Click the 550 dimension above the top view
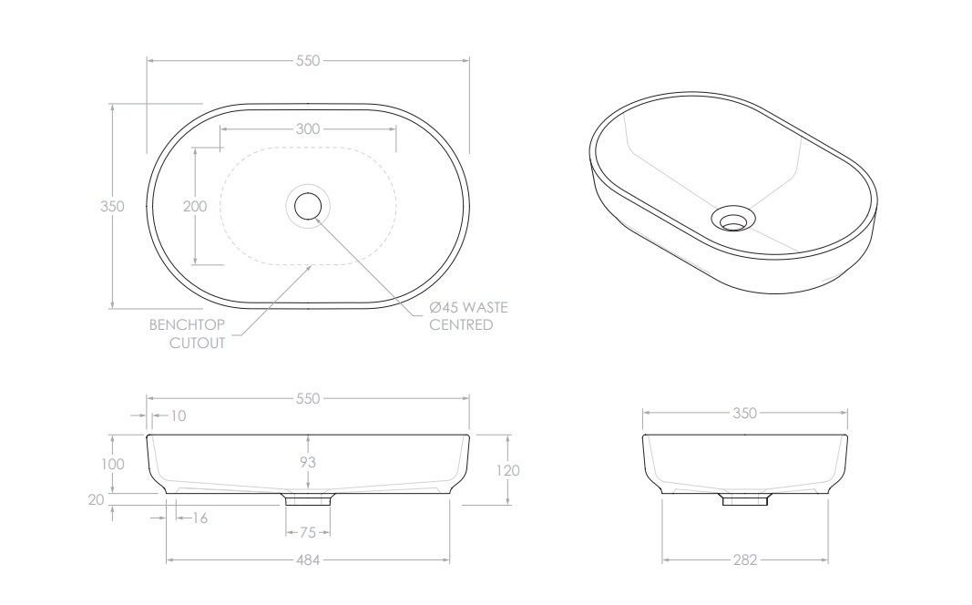[x=308, y=61]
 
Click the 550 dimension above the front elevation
[x=308, y=398]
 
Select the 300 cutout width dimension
[x=308, y=129]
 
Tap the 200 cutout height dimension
[x=195, y=207]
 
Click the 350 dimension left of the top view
[x=111, y=207]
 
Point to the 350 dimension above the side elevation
[x=745, y=413]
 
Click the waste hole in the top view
[x=308, y=206]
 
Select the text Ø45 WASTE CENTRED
[x=467, y=316]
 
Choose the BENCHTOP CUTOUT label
[x=186, y=333]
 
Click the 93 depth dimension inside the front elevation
[x=308, y=463]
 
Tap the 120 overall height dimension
[x=508, y=470]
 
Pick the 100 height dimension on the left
[x=112, y=464]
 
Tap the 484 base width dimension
[x=308, y=560]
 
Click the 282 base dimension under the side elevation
[x=745, y=560]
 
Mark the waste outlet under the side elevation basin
[x=745, y=499]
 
